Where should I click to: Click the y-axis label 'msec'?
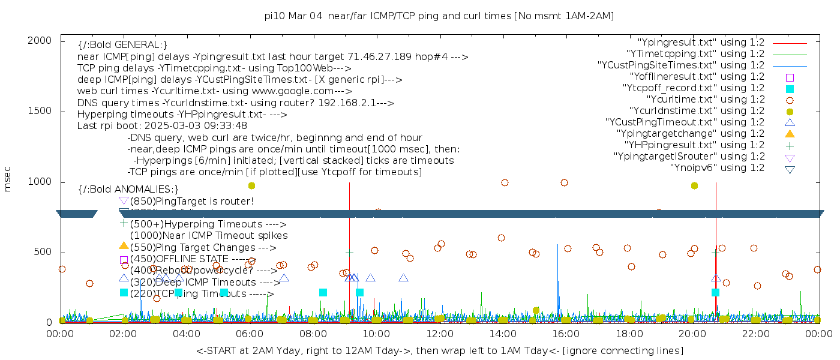tap(8, 178)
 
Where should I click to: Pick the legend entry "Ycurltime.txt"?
tap(705, 99)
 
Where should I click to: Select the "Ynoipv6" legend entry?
tap(717, 167)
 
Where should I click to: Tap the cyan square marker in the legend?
tap(790, 88)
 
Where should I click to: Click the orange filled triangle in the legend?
tap(790, 133)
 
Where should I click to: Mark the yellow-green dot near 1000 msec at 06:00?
tap(251, 185)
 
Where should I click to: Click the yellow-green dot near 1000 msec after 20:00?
tap(694, 185)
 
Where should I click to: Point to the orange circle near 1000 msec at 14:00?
tap(505, 183)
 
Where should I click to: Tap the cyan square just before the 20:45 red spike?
tap(715, 292)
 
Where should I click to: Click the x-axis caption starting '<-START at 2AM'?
tap(439, 350)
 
